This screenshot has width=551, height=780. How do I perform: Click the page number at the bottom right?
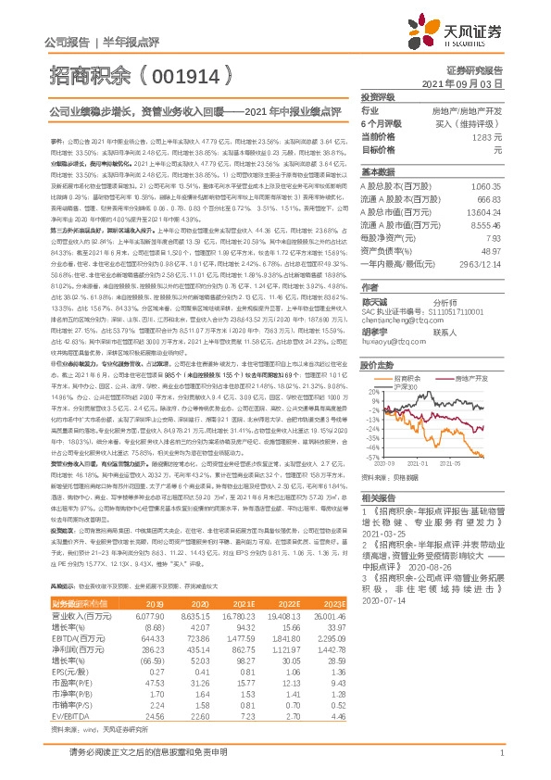coord(500,755)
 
